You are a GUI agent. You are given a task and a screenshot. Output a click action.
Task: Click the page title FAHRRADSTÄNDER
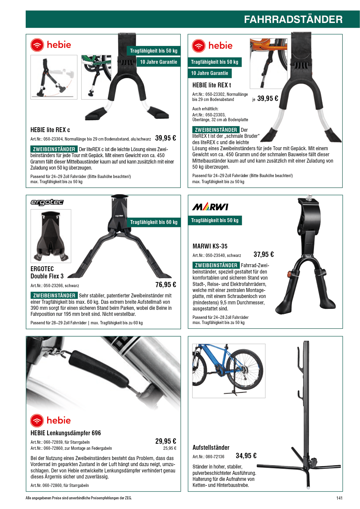click(x=293, y=19)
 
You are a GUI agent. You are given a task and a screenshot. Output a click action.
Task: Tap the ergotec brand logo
click(x=47, y=202)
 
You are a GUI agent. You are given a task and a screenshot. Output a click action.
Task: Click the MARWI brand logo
click(x=210, y=207)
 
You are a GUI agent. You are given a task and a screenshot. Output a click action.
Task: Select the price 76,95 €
click(x=166, y=284)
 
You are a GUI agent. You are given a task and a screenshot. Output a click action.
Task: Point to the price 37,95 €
click(x=264, y=254)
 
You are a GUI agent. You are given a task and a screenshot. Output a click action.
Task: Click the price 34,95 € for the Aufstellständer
click(x=246, y=456)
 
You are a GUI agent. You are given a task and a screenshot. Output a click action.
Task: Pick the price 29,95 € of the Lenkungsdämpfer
click(x=166, y=441)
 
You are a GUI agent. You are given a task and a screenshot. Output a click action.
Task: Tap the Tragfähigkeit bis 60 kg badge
click(x=154, y=222)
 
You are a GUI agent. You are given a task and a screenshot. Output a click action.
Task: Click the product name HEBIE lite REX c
click(x=50, y=130)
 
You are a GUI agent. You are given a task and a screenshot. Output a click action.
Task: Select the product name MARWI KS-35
click(x=210, y=246)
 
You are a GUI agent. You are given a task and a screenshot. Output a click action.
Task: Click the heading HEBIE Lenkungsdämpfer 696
click(x=66, y=433)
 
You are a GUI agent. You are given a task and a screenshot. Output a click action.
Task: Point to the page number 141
click(x=339, y=498)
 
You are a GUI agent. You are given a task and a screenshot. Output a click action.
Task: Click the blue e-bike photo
click(x=229, y=371)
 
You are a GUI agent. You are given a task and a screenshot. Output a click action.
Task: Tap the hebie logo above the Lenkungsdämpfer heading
click(x=50, y=420)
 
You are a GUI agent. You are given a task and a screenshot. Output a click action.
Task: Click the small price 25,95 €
click(x=170, y=448)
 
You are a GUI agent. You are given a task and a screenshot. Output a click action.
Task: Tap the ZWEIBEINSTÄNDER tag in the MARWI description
click(x=216, y=265)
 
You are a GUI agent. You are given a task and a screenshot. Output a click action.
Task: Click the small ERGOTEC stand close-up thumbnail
click(x=51, y=236)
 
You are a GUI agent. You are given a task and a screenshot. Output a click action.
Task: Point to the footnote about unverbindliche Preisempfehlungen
click(x=79, y=498)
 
